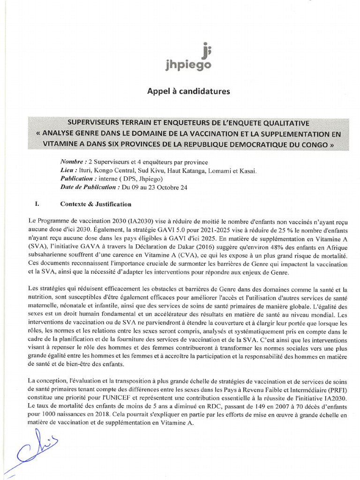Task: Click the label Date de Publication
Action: [90, 187]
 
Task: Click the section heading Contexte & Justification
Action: [96, 204]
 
